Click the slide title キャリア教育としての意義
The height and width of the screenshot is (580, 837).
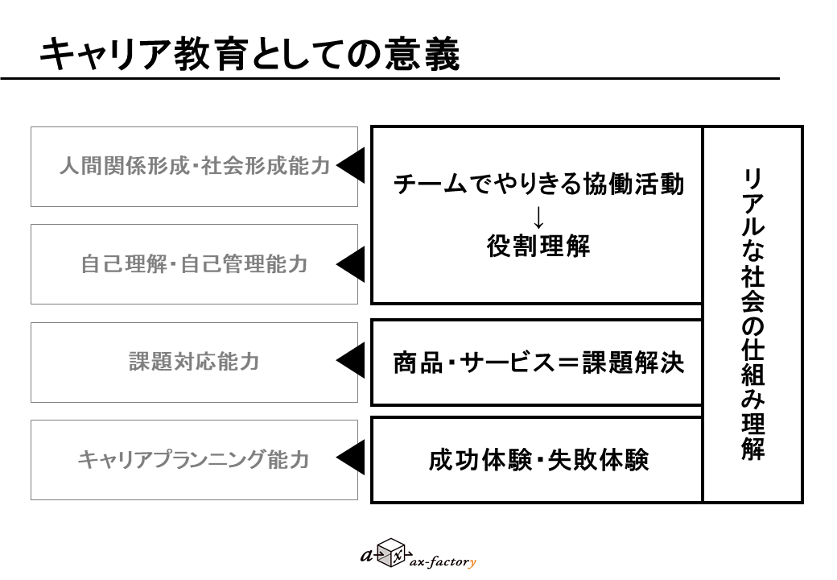pos(249,54)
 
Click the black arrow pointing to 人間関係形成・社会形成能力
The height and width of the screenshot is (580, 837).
pos(351,166)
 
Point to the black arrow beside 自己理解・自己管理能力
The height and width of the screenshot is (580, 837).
pos(351,264)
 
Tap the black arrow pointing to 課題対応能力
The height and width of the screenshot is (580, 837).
pos(351,361)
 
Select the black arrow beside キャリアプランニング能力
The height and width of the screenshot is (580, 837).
pos(351,458)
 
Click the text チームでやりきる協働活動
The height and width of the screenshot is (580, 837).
pos(538,184)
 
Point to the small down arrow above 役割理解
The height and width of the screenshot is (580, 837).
pos(538,217)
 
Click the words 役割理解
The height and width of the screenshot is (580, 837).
pos(538,246)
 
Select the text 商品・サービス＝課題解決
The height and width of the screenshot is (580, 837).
pos(538,362)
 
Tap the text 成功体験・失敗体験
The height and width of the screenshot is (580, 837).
pos(538,460)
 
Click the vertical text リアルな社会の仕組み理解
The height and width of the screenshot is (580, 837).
pos(752,314)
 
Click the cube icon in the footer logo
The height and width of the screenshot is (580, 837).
pos(391,553)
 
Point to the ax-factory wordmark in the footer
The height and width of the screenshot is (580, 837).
pos(443,561)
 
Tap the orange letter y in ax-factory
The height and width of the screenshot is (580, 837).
pos(472,563)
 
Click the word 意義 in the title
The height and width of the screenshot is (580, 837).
pos(422,54)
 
